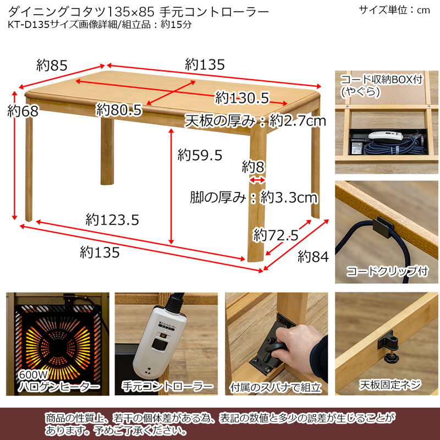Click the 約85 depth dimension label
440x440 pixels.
(x=52, y=65)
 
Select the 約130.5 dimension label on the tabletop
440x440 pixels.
(x=242, y=98)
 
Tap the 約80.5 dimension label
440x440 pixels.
(x=119, y=109)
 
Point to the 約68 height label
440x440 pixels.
(x=23, y=111)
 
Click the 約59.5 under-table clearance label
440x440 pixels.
(x=200, y=155)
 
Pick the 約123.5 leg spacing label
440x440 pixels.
(x=112, y=219)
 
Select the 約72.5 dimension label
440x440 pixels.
(x=276, y=235)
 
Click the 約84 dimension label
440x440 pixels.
(x=313, y=256)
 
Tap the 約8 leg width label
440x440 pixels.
(x=253, y=167)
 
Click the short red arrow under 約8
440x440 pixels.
(x=257, y=180)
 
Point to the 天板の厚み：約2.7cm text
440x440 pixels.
(x=255, y=121)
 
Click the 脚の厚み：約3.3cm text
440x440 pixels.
(x=254, y=197)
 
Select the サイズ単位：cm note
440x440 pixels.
(x=394, y=10)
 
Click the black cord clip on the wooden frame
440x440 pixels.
(x=383, y=227)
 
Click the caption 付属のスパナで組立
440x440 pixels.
(x=276, y=388)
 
